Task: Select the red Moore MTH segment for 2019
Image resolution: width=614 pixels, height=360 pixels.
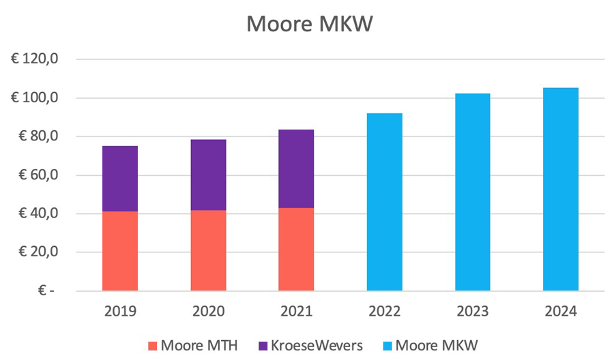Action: tap(120, 251)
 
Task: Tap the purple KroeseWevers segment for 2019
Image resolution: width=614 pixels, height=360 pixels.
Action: tap(120, 179)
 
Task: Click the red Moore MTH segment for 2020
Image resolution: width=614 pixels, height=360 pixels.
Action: tap(208, 250)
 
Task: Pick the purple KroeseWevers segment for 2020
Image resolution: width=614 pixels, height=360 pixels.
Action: tap(208, 175)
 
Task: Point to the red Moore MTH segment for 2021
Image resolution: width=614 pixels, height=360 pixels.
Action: tap(296, 250)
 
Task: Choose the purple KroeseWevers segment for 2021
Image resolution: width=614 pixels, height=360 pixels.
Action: tap(296, 168)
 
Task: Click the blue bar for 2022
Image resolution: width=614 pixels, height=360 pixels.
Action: tap(384, 202)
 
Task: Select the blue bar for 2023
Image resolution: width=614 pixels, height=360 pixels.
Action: tap(472, 192)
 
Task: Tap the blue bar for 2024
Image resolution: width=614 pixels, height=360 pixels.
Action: tap(560, 189)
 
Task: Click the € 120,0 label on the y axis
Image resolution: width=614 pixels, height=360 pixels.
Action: tap(36, 60)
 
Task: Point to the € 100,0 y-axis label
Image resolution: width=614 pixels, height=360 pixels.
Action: tap(36, 98)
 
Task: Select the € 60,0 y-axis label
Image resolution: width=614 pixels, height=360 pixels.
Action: tap(39, 175)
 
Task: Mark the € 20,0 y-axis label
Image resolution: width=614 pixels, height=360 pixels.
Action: tap(39, 252)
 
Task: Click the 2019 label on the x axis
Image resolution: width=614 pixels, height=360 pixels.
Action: tap(120, 311)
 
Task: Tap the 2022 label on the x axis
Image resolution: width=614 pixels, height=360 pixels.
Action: tap(384, 311)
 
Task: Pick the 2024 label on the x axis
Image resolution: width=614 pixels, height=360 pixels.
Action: tap(560, 311)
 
